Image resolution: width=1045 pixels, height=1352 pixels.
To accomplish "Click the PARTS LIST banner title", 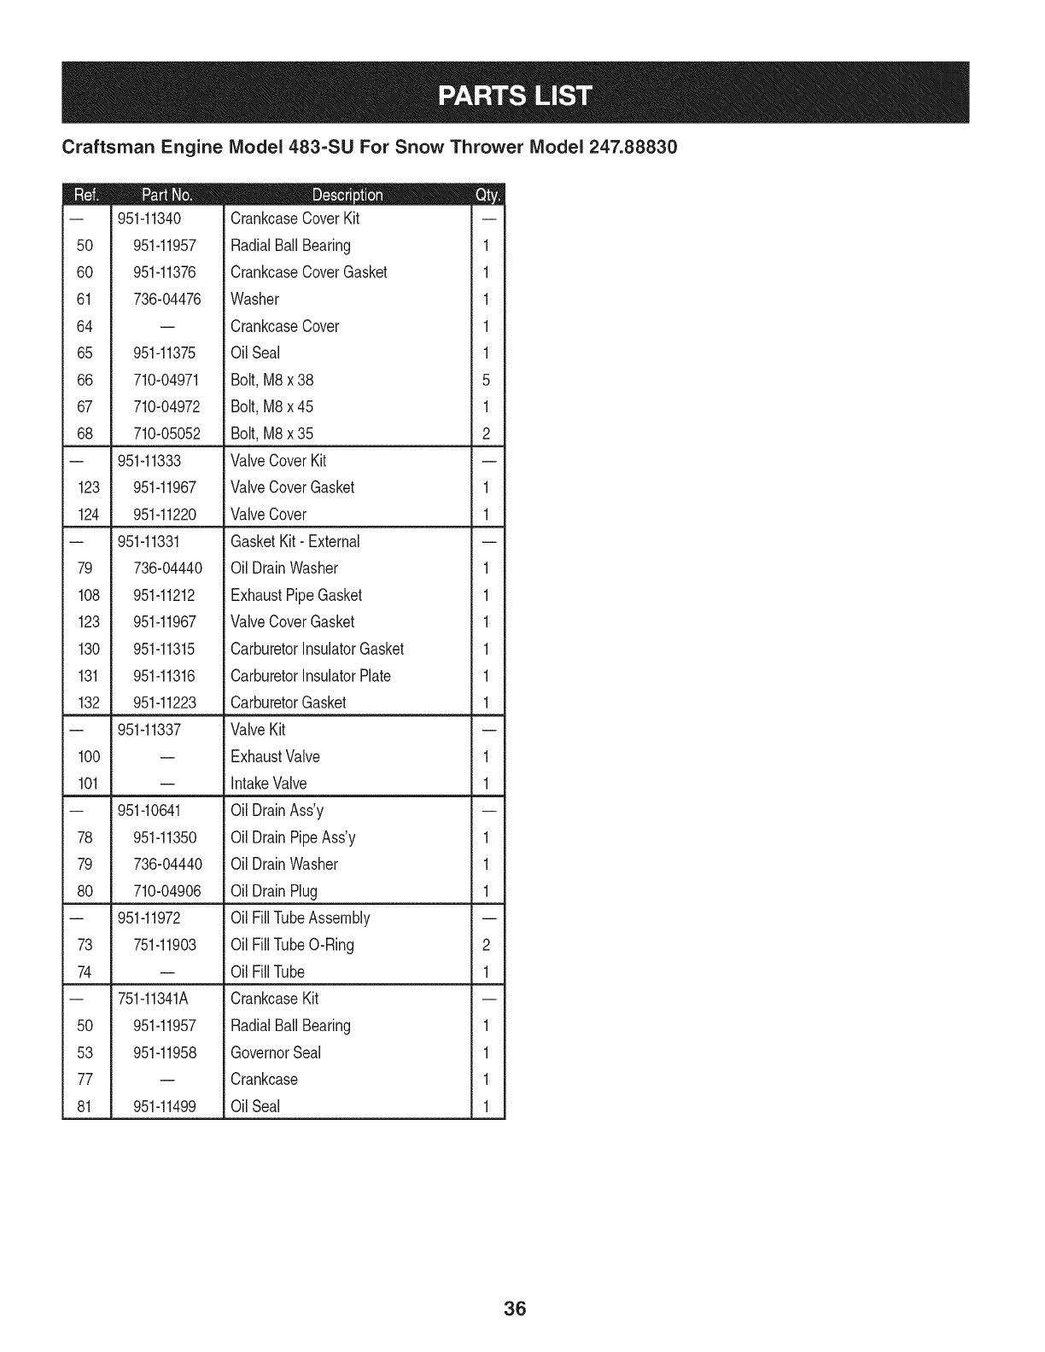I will pyautogui.click(x=514, y=94).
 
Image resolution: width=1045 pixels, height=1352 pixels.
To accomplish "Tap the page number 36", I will pyautogui.click(x=515, y=1308).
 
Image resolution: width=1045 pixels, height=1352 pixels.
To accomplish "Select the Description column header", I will pyautogui.click(x=347, y=195).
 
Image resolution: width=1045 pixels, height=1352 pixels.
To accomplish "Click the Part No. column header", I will pyautogui.click(x=167, y=195).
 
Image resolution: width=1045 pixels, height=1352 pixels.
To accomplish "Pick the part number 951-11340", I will pyautogui.click(x=149, y=219).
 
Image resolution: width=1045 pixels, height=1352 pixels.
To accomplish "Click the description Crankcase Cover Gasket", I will pyautogui.click(x=308, y=272).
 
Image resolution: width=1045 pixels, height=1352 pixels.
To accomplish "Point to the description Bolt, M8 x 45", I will pyautogui.click(x=271, y=406).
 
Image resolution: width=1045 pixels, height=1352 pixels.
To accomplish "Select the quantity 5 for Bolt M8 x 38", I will pyautogui.click(x=486, y=380).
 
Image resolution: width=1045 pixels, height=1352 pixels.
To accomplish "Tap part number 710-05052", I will pyautogui.click(x=167, y=434).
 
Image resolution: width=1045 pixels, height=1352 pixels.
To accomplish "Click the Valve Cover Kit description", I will pyautogui.click(x=278, y=461).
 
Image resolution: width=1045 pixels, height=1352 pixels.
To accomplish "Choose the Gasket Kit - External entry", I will pyautogui.click(x=295, y=541).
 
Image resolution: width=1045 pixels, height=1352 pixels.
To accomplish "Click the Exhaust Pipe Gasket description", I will pyautogui.click(x=295, y=595).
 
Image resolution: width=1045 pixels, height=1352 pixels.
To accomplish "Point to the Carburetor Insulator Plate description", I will pyautogui.click(x=310, y=676).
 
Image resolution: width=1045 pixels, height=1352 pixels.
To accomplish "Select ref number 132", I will pyautogui.click(x=89, y=703).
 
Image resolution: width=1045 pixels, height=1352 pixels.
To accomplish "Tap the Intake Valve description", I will pyautogui.click(x=268, y=784).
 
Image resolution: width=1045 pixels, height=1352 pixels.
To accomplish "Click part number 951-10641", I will pyautogui.click(x=149, y=810).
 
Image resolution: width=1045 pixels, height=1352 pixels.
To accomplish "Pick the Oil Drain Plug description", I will pyautogui.click(x=273, y=891).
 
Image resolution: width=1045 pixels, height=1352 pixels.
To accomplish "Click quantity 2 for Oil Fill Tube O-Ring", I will pyautogui.click(x=486, y=945).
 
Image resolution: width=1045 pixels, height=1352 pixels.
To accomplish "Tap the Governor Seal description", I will pyautogui.click(x=275, y=1052).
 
